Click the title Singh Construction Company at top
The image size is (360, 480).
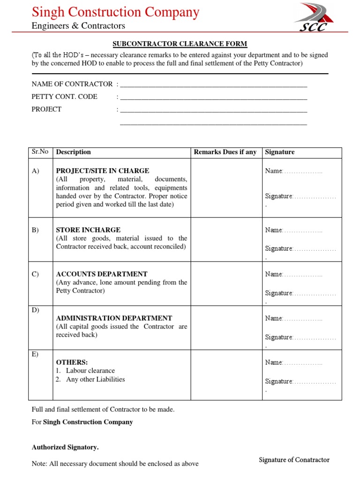115,12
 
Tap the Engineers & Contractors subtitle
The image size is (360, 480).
78,26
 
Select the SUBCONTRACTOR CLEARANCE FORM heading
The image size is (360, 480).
180,44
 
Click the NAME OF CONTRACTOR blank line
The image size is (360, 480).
214,85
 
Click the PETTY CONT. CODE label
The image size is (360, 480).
64,97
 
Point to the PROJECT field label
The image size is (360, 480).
46,109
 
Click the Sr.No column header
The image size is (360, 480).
40,152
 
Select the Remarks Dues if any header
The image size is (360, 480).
225,152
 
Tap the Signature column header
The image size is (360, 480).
280,152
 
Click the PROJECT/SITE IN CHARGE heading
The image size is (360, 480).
103,171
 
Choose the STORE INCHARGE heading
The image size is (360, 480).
88,230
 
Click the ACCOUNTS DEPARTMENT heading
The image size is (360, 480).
102,274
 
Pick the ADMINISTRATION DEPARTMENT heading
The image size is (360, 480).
114,318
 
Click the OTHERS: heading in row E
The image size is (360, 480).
72,362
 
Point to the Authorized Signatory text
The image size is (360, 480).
65,447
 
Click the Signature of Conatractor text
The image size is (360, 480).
294,460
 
